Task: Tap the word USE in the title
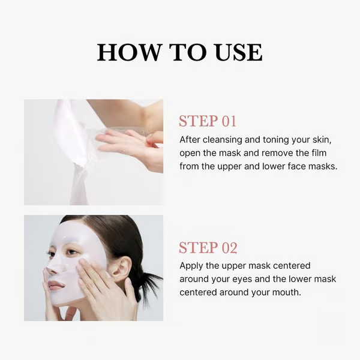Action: (236, 53)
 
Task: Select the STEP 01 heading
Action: (208, 121)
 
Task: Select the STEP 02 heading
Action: (208, 248)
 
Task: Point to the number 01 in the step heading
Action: (229, 121)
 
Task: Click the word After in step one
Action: (191, 139)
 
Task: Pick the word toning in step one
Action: (282, 139)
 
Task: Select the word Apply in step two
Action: (193, 265)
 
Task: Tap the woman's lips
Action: (57, 284)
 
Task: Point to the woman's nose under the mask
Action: (54, 264)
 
